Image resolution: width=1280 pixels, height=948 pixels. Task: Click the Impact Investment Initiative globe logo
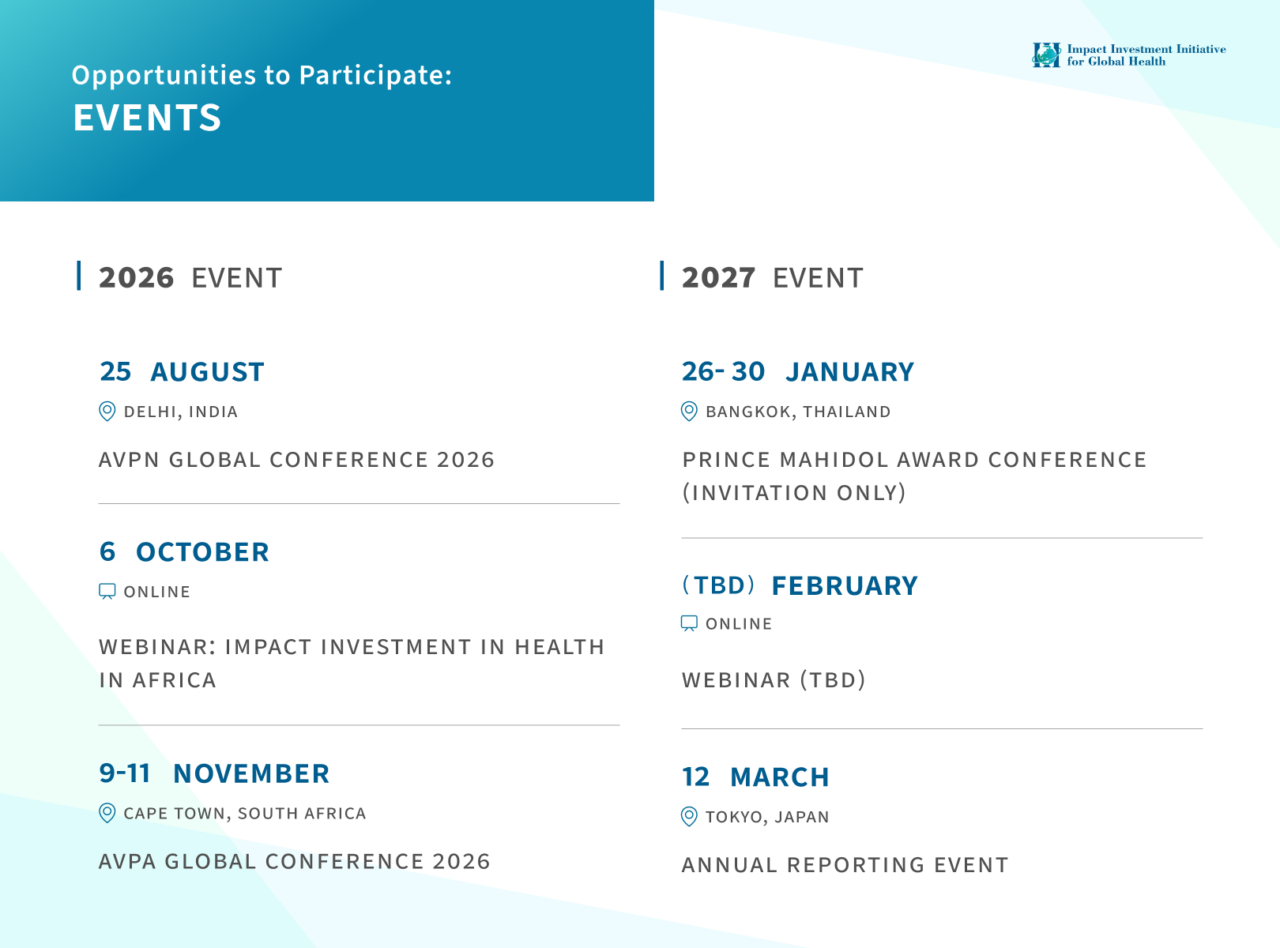tap(1045, 55)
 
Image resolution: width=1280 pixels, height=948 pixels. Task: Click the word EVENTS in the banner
tap(147, 118)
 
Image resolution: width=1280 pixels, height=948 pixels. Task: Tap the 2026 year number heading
tap(136, 277)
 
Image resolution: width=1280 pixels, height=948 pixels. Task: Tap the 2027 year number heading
tap(718, 277)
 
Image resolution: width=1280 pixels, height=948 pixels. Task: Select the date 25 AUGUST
tap(182, 371)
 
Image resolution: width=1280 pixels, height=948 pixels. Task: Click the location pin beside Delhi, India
tap(107, 412)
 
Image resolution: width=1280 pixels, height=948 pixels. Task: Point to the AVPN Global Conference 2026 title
tap(296, 460)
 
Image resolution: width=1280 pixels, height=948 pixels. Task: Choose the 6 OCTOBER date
tap(184, 552)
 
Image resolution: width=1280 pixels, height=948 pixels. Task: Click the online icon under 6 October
tap(107, 592)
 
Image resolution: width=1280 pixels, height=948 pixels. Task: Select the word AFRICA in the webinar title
tap(175, 680)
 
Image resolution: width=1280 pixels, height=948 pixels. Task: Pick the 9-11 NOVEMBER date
tap(214, 773)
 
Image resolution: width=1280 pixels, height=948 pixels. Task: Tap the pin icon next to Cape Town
tap(107, 813)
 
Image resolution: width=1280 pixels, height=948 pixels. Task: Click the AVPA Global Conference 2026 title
tap(294, 861)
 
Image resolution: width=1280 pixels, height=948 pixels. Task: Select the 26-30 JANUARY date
tap(797, 371)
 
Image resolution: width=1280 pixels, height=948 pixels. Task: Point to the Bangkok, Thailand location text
tap(798, 412)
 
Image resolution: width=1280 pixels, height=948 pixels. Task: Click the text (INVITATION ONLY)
tap(794, 493)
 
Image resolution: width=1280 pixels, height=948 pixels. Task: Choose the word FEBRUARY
tap(845, 585)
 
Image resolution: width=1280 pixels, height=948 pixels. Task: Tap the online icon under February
tap(689, 624)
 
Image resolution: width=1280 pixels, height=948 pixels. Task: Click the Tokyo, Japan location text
tap(767, 817)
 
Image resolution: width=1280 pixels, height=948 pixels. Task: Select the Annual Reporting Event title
tap(845, 865)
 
